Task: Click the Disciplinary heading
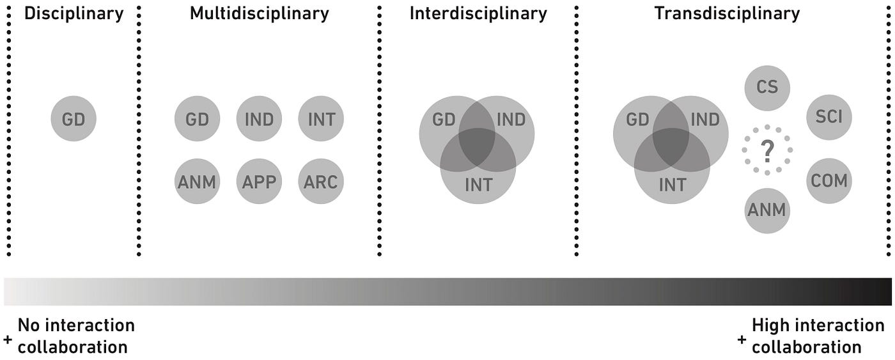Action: click(x=74, y=13)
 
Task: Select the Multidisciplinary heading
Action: click(x=259, y=13)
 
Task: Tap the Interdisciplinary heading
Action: click(x=478, y=13)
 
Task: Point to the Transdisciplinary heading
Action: click(x=727, y=13)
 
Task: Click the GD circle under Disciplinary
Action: click(x=74, y=119)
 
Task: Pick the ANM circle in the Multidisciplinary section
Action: click(x=197, y=182)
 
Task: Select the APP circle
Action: click(x=259, y=182)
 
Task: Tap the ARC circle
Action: click(x=321, y=182)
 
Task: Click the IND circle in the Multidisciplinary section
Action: click(x=259, y=119)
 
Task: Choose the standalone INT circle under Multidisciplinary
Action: click(x=321, y=119)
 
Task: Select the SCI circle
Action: click(x=829, y=118)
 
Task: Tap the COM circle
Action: click(x=829, y=181)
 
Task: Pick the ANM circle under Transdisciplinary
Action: click(x=767, y=210)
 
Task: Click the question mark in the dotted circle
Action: click(x=767, y=151)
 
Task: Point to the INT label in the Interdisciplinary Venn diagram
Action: click(x=478, y=185)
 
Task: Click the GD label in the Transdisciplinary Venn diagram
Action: click(x=637, y=120)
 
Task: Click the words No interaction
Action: click(x=76, y=325)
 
